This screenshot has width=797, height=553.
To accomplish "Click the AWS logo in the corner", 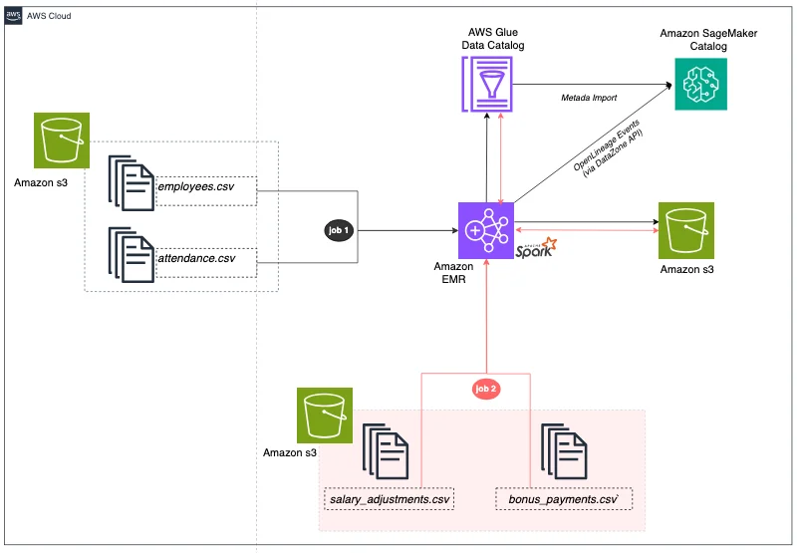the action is pos(13,16).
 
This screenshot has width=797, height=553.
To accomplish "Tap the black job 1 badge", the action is pos(339,230).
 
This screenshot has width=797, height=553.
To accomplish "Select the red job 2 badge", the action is pos(485,389).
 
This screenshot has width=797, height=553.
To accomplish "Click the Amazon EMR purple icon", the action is pos(486,231).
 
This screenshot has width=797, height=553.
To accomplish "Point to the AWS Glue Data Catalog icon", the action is pos(487,84).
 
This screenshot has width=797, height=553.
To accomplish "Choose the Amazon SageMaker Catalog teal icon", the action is pos(701,84).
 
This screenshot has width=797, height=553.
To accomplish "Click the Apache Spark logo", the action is pos(536,247).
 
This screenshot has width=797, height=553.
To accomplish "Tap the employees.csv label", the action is pos(195,186).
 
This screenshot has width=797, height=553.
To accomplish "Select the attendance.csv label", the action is pos(196,258).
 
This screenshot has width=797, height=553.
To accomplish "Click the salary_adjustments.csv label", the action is pos(390,499).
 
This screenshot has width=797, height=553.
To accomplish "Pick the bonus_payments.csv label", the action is pos(564,499).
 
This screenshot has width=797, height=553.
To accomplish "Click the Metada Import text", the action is pos(589,98).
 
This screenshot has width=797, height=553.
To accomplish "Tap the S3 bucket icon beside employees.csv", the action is pos(62,140).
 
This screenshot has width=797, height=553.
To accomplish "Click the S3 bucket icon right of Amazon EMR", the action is pos(686,231).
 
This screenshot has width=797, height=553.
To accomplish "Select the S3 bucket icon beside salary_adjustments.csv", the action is pos(325,415).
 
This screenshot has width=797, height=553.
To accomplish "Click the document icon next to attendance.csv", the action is pos(132,255).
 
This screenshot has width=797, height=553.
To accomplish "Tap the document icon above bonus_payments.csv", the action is pos(564,451).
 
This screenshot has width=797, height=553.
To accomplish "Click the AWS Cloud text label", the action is pos(49,16).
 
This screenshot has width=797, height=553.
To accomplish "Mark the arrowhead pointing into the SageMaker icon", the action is pos(668,85).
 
